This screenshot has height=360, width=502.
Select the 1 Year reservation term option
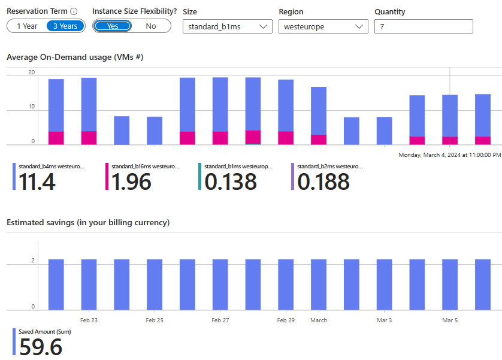(27, 26)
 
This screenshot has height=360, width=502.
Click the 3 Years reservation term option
(65, 26)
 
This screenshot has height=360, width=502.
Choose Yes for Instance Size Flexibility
(113, 26)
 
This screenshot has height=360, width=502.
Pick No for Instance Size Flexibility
(151, 26)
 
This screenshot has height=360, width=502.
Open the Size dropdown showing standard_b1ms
(227, 26)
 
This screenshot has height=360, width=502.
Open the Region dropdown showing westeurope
(323, 26)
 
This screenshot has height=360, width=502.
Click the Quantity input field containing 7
(423, 26)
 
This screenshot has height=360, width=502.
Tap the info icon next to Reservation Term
(74, 11)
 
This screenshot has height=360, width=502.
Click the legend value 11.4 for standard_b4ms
(37, 181)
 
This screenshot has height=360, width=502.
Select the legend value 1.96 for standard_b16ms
(131, 181)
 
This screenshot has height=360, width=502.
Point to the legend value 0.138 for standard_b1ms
(231, 181)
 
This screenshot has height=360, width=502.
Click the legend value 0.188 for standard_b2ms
(323, 181)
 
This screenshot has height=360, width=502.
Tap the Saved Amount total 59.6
(41, 347)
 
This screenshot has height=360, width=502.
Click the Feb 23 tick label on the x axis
(89, 320)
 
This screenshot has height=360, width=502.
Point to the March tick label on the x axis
(319, 320)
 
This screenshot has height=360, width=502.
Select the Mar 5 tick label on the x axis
(450, 320)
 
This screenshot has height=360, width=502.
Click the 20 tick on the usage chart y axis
(32, 72)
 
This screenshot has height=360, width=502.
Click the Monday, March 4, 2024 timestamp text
(449, 155)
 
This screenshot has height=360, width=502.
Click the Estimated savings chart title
(88, 222)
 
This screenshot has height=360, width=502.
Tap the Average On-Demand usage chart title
(75, 58)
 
